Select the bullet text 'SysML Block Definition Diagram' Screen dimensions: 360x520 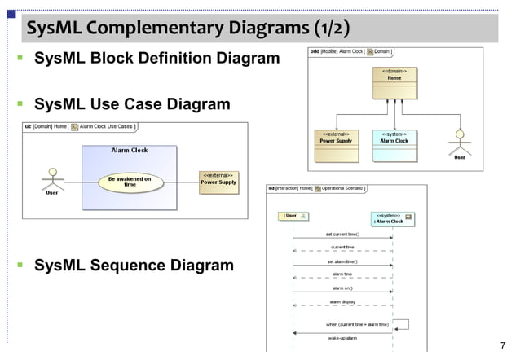pos(156,59)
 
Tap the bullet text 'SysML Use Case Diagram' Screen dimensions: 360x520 pos(131,105)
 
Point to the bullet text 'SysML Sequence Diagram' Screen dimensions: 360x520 pos(133,266)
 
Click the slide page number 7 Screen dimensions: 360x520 pos(502,345)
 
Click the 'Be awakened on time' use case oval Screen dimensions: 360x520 pos(130,182)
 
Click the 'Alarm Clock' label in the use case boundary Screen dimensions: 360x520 pos(129,151)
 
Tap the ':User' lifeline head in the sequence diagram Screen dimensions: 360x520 pos(293,216)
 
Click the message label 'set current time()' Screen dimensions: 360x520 pos(342,234)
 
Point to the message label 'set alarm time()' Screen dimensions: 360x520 pos(342,261)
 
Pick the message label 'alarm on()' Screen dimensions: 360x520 pos(342,288)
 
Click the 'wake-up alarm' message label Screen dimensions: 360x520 pos(342,337)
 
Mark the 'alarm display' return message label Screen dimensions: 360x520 pos(342,301)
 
